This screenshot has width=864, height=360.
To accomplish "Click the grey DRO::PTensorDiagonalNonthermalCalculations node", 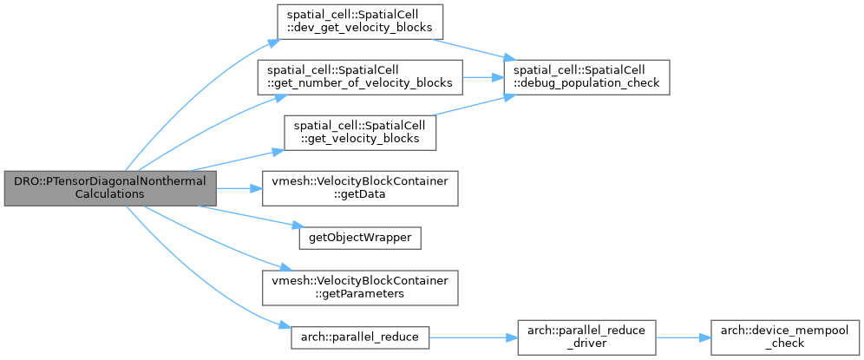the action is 110,188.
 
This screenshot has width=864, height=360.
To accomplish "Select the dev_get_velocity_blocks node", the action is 360,22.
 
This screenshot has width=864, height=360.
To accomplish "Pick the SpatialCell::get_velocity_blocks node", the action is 360,133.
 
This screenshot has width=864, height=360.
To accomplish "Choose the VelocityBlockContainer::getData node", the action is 360,188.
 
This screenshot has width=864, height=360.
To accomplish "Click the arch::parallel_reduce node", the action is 360,337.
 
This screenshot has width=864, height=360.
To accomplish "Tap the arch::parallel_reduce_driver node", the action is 586,337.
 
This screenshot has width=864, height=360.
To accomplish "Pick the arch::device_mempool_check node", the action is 785,337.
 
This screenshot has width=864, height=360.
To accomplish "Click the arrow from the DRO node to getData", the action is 239,188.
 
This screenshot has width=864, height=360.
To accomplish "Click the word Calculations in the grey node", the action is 110,194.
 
